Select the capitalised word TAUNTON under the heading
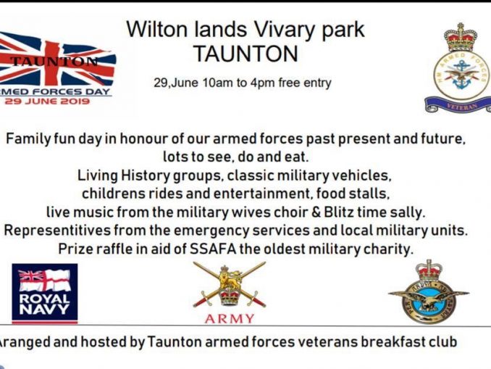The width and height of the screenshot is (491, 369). tap(246, 54)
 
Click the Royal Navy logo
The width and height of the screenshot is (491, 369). tap(45, 294)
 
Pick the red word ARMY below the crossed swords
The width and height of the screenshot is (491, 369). tap(230, 319)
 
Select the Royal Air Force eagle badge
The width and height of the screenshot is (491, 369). tap(429, 293)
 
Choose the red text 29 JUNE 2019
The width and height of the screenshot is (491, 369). tap(47, 101)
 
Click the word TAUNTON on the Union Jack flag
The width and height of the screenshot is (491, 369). tap(54, 61)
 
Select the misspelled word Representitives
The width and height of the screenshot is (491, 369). tap(57, 231)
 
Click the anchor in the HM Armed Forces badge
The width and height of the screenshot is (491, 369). tap(461, 75)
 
